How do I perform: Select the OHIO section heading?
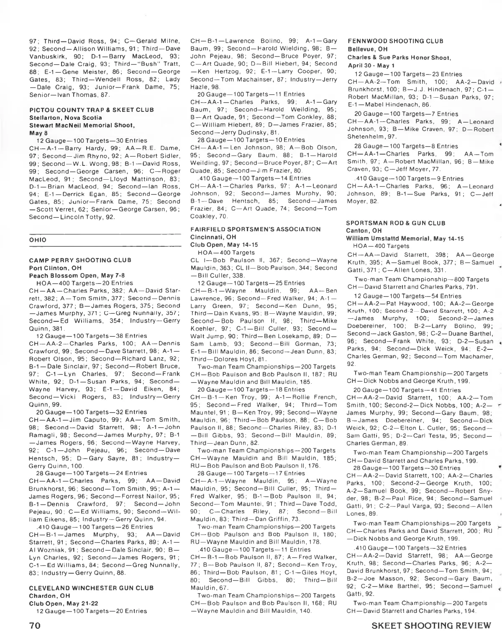coord(38,240)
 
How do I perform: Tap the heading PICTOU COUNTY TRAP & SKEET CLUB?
coord(91,110)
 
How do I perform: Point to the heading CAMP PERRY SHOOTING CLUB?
coord(80,260)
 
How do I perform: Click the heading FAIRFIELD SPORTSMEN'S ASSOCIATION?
coord(255,230)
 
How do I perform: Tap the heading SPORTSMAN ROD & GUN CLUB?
coord(396,223)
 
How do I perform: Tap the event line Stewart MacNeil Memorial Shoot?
coord(82,125)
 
